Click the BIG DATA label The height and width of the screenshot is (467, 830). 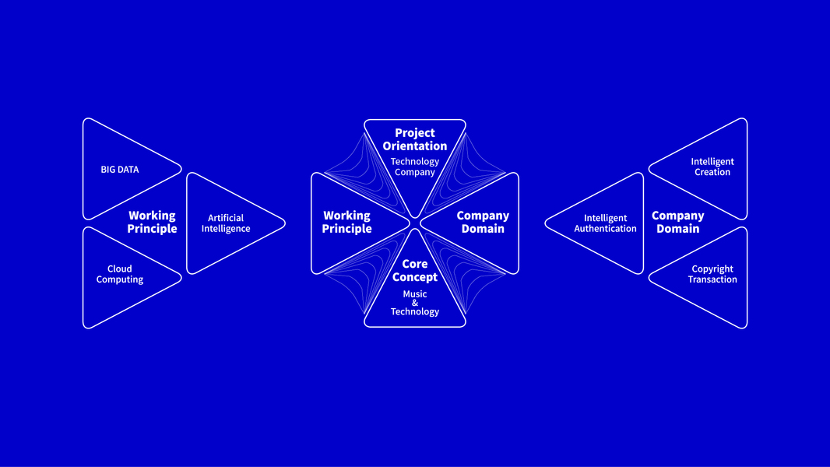coord(119,169)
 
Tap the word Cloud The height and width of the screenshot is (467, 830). coord(119,269)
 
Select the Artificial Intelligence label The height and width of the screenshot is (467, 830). coord(226,223)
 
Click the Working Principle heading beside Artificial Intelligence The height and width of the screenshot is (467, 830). coord(152,222)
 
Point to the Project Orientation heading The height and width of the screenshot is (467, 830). coord(415,139)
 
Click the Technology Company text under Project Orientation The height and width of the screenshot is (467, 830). coord(415,167)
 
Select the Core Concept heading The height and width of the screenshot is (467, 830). coord(415,271)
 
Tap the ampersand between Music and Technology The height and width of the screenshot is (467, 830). coord(415,303)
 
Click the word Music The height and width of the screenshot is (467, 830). coord(415,294)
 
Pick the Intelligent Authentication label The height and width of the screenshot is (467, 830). coord(605,223)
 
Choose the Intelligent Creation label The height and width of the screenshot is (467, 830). coord(712,167)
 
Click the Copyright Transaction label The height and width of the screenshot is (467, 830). coord(712,274)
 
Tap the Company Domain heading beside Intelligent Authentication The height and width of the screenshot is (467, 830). coord(677,222)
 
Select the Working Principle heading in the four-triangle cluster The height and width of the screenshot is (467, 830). coord(346,222)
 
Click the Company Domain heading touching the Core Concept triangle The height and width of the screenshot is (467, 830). coord(483,222)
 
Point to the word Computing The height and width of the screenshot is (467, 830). coord(120,279)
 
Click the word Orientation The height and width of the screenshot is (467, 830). coord(415,146)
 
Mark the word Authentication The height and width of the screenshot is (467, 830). coord(605,229)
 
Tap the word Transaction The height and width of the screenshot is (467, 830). coord(712,279)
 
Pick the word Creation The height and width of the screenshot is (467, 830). coord(712,172)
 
